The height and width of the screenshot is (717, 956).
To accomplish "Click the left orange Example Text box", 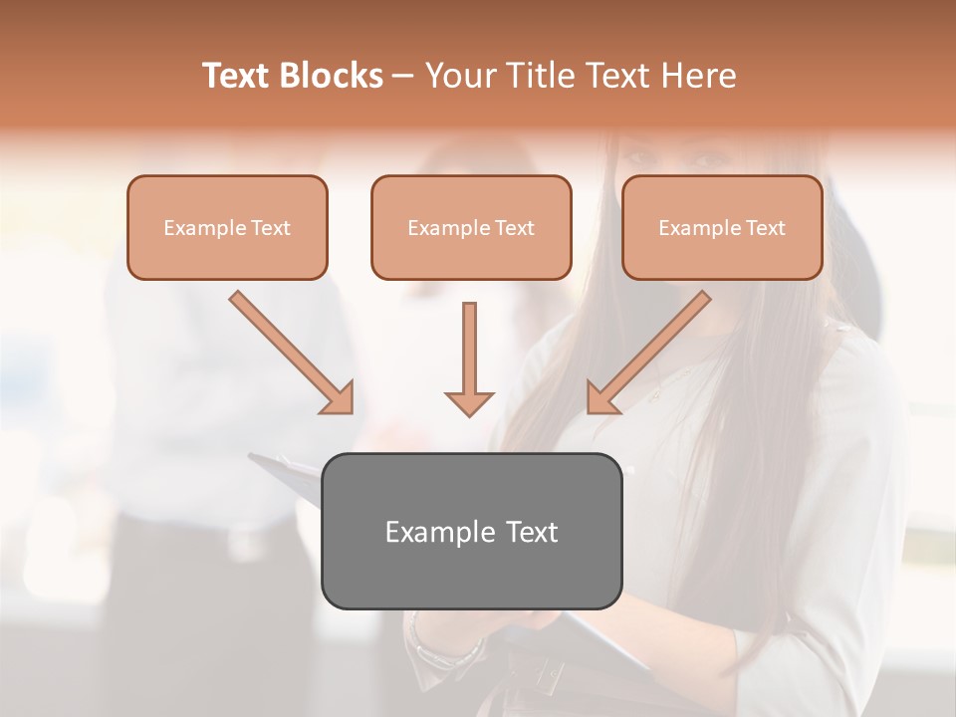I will click(227, 227).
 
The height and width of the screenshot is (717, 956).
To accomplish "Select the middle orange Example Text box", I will click(471, 227).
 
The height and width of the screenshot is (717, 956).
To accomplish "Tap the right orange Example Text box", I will click(722, 227).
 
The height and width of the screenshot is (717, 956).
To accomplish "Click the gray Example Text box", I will click(471, 531).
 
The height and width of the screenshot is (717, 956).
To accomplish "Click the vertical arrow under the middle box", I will click(469, 358).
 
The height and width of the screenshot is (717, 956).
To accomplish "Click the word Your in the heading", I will click(458, 76).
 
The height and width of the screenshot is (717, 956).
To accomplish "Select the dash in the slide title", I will click(403, 76).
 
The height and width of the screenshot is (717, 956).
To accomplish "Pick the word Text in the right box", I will click(765, 228).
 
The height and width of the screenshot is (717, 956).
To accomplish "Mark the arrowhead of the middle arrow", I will click(469, 402).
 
